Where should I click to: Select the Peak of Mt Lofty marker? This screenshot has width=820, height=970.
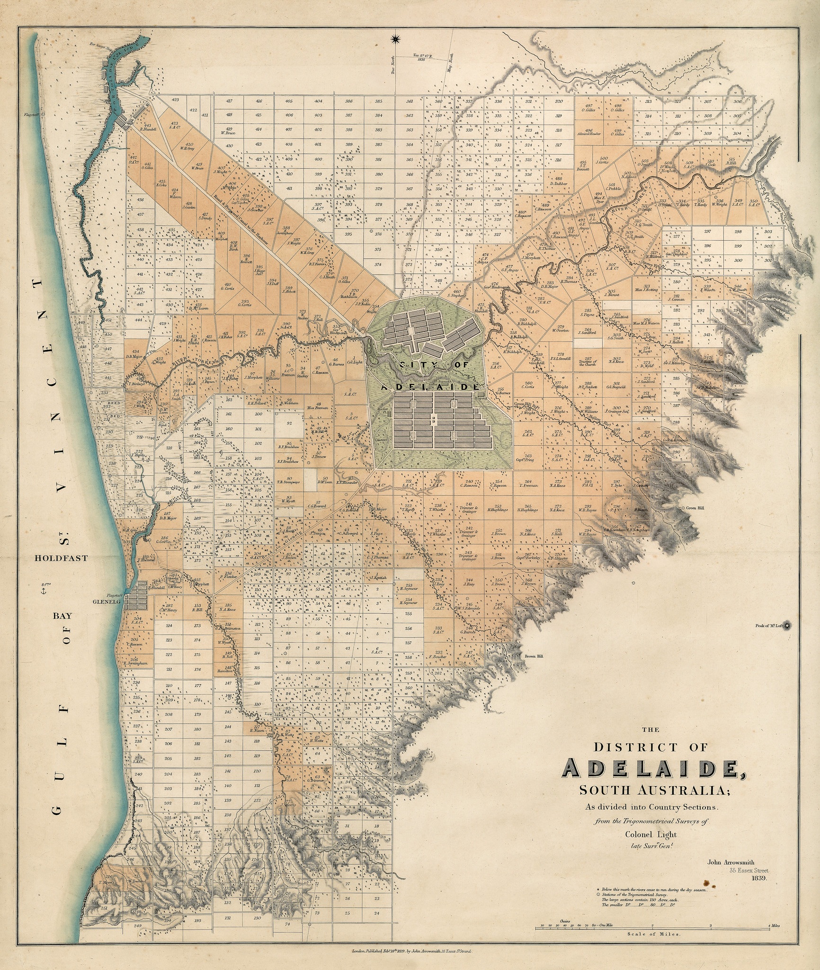tap(787, 626)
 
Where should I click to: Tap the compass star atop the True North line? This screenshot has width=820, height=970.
tap(396, 39)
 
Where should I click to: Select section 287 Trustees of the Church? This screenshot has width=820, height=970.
tap(588, 361)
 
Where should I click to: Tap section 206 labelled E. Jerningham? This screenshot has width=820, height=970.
tap(135, 661)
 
